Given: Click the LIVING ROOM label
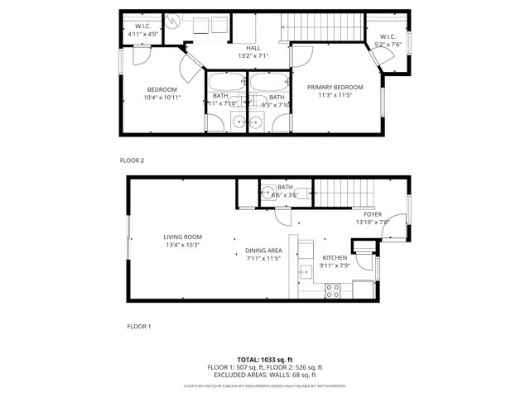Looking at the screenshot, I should coord(182,237).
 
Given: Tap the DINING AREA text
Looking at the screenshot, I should coord(263,251).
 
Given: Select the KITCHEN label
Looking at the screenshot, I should coord(335,258).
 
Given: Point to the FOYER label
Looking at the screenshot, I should coord(372,214).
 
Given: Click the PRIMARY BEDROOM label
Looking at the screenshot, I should coord(335,87).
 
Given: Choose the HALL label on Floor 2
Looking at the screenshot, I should coord(253,48).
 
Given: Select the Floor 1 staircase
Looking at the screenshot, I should coord(343,194).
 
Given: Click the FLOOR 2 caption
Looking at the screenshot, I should coord(133,160).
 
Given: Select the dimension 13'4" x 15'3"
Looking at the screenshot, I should coord(182,245).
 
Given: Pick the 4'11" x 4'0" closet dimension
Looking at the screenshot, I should coord(142,34).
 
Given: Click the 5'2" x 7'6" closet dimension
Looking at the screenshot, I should coord(389,45).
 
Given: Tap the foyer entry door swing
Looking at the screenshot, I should coord(397,225).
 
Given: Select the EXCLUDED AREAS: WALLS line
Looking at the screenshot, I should coord(265,375).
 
